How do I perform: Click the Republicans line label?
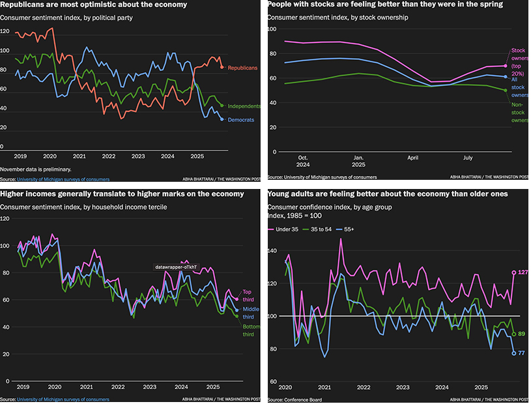pos(242,68)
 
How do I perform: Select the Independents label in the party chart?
pos(244,106)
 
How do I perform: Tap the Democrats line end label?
pos(241,120)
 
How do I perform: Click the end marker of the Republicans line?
pos(222,67)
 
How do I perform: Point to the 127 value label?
pos(522,273)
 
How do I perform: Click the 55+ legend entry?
pos(349,229)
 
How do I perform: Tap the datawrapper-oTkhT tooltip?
pos(175,267)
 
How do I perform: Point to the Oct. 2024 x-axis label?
pos(303,161)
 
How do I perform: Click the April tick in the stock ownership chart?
pos(413,157)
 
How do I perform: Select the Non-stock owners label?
pos(519,111)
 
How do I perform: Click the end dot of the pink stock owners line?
pos(505,66)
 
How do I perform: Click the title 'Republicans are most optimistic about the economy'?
pos(94,5)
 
